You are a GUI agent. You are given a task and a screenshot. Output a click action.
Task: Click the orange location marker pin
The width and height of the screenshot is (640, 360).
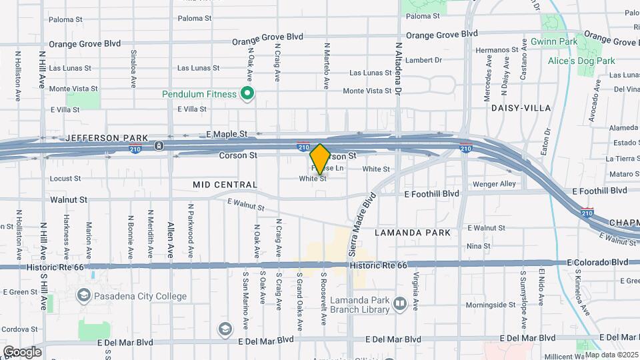tap(320, 159)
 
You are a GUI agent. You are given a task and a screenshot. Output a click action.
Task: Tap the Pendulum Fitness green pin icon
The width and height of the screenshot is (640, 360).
tap(247, 94)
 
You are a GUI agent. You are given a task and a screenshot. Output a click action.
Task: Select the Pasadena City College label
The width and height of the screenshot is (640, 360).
tap(140, 297)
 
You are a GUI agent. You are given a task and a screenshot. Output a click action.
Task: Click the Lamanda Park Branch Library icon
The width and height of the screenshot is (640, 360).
tap(400, 305)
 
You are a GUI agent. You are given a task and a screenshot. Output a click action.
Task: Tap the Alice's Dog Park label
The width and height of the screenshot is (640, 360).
tap(581, 61)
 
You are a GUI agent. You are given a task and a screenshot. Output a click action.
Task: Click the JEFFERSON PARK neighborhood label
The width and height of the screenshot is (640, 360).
tap(98, 138)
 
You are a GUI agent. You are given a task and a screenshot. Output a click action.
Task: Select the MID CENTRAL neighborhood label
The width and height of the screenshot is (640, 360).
tap(225, 184)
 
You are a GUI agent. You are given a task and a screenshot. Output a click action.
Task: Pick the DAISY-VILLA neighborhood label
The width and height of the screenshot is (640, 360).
tap(521, 107)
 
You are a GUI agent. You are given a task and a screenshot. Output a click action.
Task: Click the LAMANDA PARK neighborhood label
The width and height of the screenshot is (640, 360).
tap(412, 233)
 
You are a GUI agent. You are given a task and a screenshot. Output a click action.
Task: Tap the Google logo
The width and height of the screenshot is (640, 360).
tap(21, 351)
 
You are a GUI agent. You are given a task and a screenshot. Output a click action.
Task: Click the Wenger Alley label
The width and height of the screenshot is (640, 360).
tap(494, 184)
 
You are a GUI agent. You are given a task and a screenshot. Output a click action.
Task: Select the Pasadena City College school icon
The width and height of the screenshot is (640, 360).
tap(84, 295)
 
